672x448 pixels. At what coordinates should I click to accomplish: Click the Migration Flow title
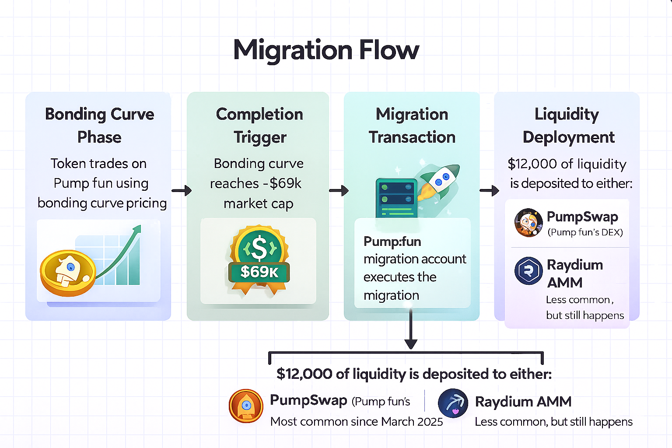pos(326,50)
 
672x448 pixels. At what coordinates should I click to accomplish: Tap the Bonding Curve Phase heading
pos(100,126)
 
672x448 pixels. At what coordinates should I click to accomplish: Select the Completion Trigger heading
pos(259,126)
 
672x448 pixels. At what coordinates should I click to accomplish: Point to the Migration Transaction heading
pos(412,126)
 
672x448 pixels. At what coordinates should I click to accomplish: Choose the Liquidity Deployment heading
pos(568,126)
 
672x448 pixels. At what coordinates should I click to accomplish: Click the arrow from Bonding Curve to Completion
pos(182,191)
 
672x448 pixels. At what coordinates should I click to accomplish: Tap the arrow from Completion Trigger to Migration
pos(339,191)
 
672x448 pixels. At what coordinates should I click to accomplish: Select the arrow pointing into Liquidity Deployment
pos(489,191)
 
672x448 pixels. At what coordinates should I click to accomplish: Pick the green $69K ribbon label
pos(259,272)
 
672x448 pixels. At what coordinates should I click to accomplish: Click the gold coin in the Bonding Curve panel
pos(68,273)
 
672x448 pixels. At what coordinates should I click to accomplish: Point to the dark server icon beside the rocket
pos(396,198)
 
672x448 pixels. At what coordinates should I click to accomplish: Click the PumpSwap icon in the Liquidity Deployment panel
pos(528,222)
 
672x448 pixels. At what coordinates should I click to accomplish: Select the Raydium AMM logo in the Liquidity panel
pos(528,271)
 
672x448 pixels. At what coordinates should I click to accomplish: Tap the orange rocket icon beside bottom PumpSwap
pos(246,406)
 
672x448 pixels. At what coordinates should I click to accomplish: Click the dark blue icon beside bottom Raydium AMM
pos(453,403)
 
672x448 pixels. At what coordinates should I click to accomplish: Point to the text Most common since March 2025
pos(357,422)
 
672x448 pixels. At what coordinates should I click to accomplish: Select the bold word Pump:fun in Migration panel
pos(392,241)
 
